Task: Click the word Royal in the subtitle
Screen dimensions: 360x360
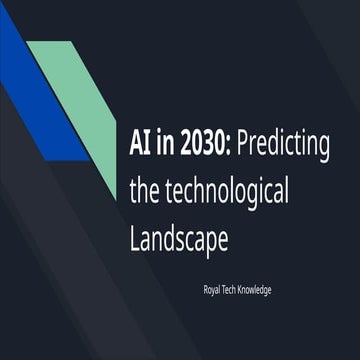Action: pos(211,289)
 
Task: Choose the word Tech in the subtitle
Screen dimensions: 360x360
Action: pos(234,289)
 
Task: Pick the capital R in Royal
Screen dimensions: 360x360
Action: pos(203,289)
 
